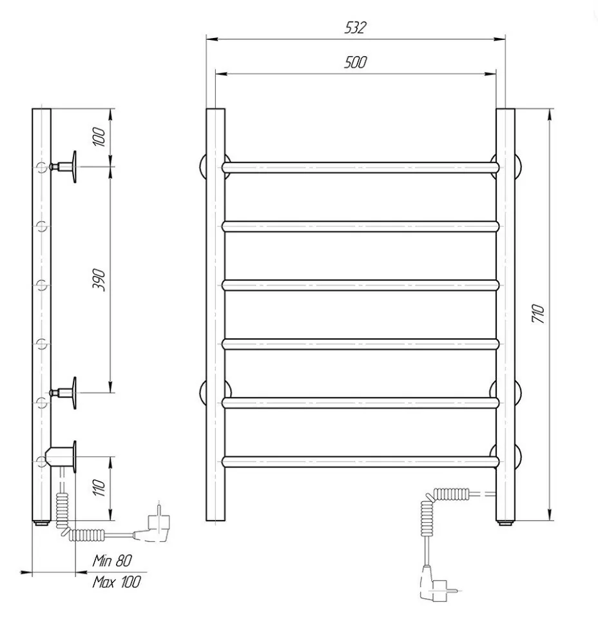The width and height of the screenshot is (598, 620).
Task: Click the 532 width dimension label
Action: click(x=356, y=28)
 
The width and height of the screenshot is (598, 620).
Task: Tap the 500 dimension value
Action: click(x=355, y=62)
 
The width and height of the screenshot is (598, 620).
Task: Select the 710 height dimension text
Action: click(x=538, y=314)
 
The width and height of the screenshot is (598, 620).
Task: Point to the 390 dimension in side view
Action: click(x=99, y=280)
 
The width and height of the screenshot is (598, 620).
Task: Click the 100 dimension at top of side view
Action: click(x=99, y=137)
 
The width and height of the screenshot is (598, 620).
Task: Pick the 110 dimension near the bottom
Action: click(x=99, y=487)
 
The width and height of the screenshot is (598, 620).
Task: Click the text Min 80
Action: click(x=112, y=561)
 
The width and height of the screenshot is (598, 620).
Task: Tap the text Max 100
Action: click(x=117, y=582)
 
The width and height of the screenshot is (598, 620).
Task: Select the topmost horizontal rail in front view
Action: click(x=360, y=168)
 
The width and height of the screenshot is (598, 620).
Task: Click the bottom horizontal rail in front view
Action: click(x=360, y=462)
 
